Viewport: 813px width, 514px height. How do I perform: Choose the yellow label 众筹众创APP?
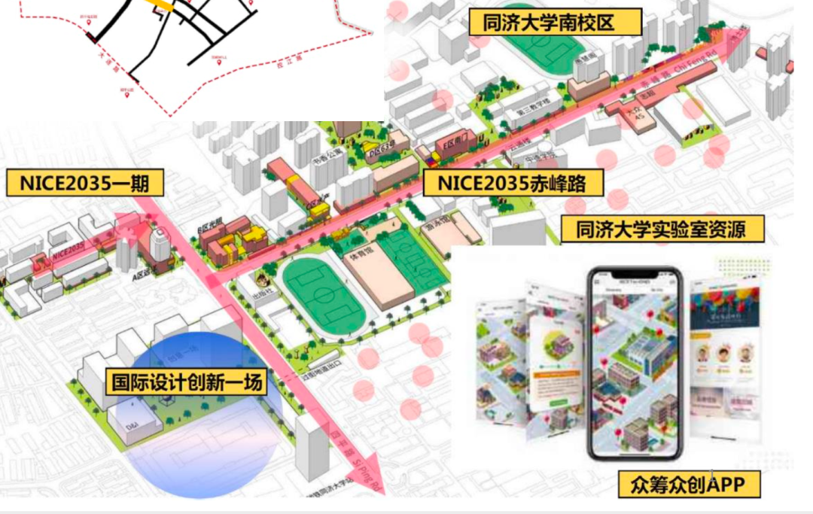[689, 483]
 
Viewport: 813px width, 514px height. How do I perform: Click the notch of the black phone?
[635, 275]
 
